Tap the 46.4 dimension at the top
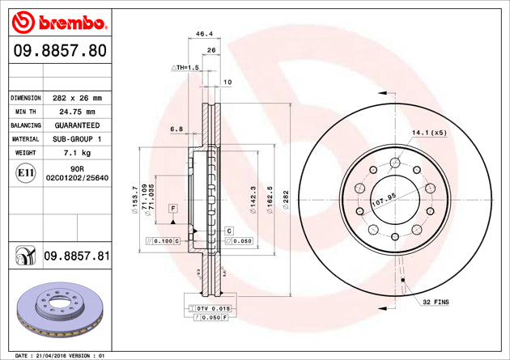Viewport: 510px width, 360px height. coord(204,35)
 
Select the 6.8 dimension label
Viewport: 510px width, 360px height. coord(176,129)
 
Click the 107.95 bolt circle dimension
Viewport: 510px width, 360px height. coord(384,196)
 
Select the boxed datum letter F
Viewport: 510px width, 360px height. coord(172,210)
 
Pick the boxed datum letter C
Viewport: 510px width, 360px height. coord(228,231)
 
